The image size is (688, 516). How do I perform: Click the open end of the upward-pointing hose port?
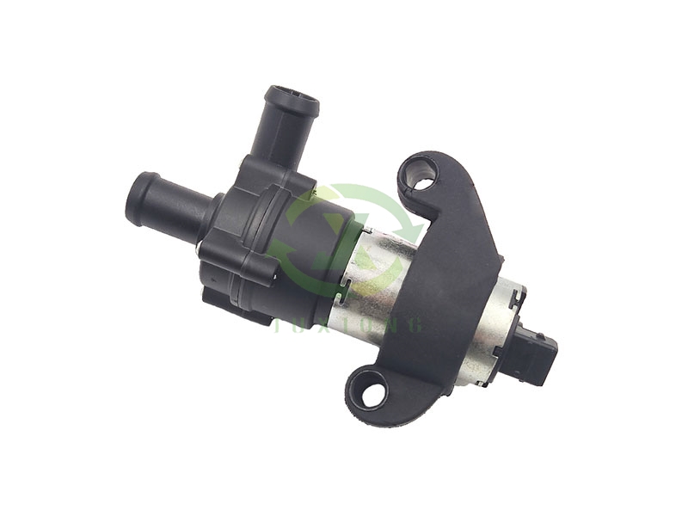[x=291, y=98]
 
